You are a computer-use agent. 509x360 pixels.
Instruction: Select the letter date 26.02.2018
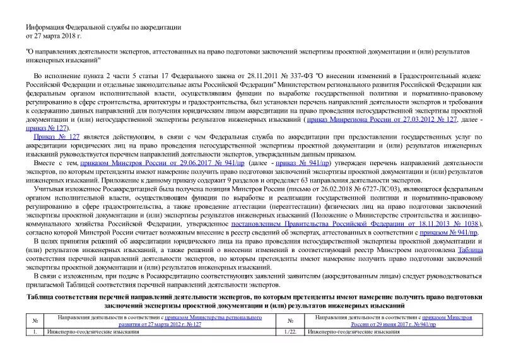(319, 189)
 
